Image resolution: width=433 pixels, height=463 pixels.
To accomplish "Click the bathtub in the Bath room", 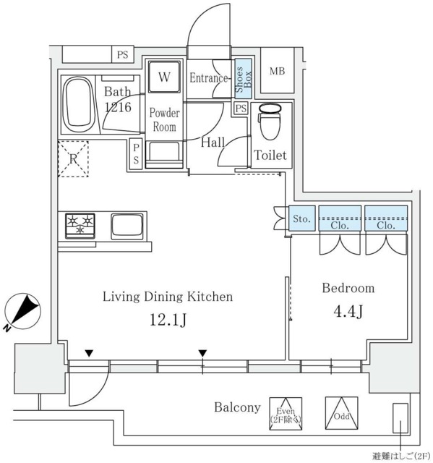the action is [79, 104].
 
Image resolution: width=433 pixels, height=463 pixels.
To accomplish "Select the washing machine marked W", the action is [164, 77].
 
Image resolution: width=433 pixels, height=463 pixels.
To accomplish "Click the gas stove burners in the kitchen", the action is [80, 225].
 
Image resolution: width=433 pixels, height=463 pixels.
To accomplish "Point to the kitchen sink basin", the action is [127, 226].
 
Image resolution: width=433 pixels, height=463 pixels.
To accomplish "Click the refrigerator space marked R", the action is [73, 159].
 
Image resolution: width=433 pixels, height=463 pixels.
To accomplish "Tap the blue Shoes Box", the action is [244, 79].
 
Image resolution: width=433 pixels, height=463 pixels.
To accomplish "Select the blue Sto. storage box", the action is [301, 218].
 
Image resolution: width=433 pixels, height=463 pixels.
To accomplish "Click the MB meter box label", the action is [278, 71].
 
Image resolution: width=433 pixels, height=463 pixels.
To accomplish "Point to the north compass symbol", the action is [22, 312].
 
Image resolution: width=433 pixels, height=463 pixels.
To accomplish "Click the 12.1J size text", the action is [168, 320].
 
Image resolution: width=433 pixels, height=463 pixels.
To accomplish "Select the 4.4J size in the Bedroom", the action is [348, 311].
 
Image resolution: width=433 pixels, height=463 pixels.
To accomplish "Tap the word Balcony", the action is [237, 407].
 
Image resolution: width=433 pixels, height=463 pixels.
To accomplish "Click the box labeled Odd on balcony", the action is [342, 413].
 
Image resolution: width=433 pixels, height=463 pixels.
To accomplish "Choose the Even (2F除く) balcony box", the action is [286, 414].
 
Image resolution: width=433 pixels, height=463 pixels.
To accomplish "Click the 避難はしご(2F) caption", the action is [401, 456].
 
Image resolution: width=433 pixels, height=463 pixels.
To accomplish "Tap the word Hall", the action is [213, 143].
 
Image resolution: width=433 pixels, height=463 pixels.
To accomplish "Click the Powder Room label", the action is [164, 120].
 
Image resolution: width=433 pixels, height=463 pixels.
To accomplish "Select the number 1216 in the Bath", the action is [118, 107].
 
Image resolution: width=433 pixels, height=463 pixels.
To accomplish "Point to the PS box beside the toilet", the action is [241, 109].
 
